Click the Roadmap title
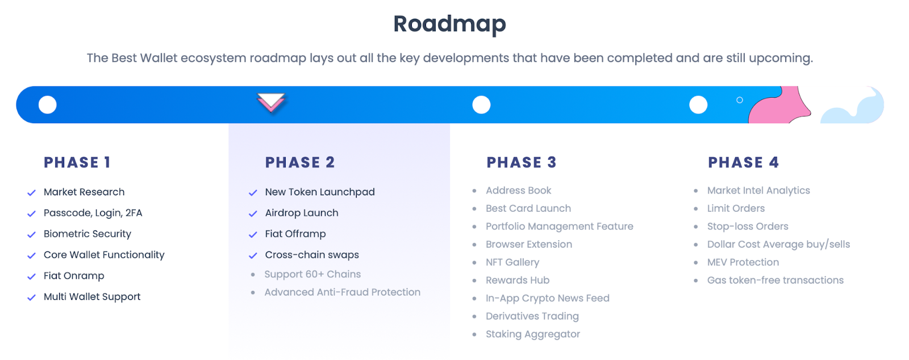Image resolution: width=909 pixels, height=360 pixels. [449, 24]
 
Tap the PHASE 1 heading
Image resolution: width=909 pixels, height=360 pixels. [77, 162]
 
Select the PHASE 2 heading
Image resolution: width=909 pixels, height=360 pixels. [300, 162]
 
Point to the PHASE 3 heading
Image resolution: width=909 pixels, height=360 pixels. [522, 162]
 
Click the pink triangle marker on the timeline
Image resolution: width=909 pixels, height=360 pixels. [271, 102]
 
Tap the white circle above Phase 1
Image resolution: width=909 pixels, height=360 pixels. [48, 104]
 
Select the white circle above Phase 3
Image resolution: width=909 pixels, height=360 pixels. [481, 104]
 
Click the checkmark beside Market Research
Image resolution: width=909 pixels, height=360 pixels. [31, 192]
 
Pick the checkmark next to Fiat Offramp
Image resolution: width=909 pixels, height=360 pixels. [253, 235]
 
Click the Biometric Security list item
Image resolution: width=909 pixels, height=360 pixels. [87, 234]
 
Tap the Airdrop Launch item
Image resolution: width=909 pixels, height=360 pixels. [302, 213]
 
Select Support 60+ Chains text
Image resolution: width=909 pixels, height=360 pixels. [312, 274]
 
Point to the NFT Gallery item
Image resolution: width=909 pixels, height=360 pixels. [512, 262]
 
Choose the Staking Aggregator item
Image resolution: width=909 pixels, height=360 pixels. [533, 334]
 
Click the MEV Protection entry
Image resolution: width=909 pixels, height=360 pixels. [743, 262]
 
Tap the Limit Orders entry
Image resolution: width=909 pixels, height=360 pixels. [736, 208]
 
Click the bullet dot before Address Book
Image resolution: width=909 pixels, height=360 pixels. [474, 191]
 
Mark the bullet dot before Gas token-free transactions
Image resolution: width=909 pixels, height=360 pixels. [696, 280]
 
